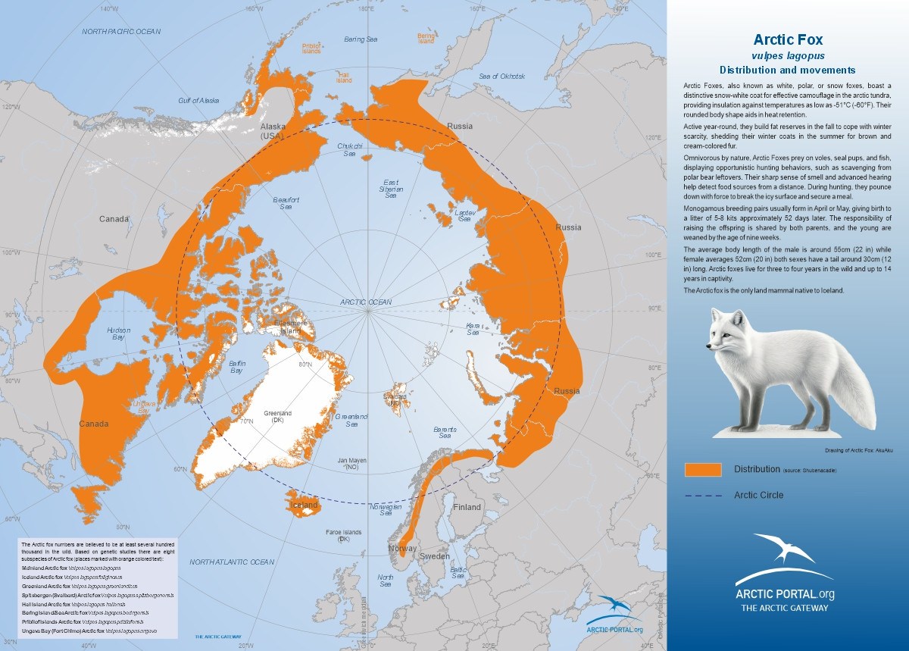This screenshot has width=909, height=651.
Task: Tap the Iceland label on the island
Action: pos(305,505)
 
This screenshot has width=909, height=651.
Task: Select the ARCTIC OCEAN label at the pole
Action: pos(366,302)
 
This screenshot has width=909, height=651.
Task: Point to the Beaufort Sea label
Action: pos(286,202)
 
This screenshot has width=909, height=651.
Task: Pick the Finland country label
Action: pos(467,507)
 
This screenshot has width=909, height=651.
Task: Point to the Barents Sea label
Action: pos(445,433)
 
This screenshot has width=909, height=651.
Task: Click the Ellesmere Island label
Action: pos(291,327)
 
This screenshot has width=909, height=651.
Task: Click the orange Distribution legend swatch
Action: pos(702,470)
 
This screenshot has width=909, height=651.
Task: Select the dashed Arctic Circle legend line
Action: pos(702,496)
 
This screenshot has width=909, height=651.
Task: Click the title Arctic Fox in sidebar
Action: pos(788,39)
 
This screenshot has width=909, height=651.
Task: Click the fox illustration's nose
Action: pos(708,347)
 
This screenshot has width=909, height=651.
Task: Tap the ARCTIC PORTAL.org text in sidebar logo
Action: pos(785,594)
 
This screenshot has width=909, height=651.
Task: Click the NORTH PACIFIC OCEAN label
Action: pos(122,31)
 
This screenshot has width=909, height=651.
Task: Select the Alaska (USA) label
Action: pos(272,130)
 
